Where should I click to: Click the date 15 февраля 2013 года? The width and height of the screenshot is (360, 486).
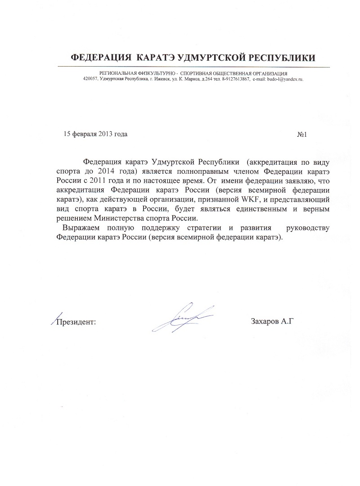(x=96, y=134)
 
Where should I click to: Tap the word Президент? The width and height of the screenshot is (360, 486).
(x=75, y=321)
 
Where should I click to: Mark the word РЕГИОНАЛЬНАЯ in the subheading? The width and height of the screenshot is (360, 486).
(x=120, y=73)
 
